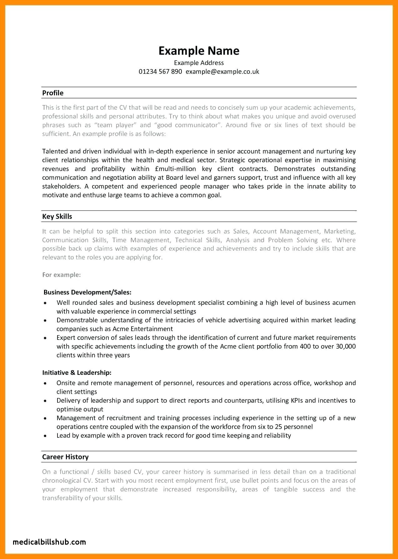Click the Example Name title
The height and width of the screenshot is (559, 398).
[x=199, y=51]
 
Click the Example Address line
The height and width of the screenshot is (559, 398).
[x=199, y=63]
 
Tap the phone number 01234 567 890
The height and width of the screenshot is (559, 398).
[x=160, y=72]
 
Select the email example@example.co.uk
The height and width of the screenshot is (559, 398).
[x=222, y=72]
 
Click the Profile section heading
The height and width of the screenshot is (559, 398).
[x=53, y=93]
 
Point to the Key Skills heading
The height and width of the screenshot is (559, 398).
[x=57, y=216]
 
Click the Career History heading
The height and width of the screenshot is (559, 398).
[x=65, y=457]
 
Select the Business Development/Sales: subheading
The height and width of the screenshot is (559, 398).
[x=87, y=292]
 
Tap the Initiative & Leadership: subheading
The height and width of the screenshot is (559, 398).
[x=77, y=373]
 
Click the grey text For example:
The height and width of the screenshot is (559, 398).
[x=62, y=275]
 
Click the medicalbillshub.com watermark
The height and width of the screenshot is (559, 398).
[x=49, y=542]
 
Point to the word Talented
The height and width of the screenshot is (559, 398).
[x=55, y=151]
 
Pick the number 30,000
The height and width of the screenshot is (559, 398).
[x=346, y=346]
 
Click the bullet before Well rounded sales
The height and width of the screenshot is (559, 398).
[x=45, y=303]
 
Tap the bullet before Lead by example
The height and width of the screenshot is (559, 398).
[x=45, y=436]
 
